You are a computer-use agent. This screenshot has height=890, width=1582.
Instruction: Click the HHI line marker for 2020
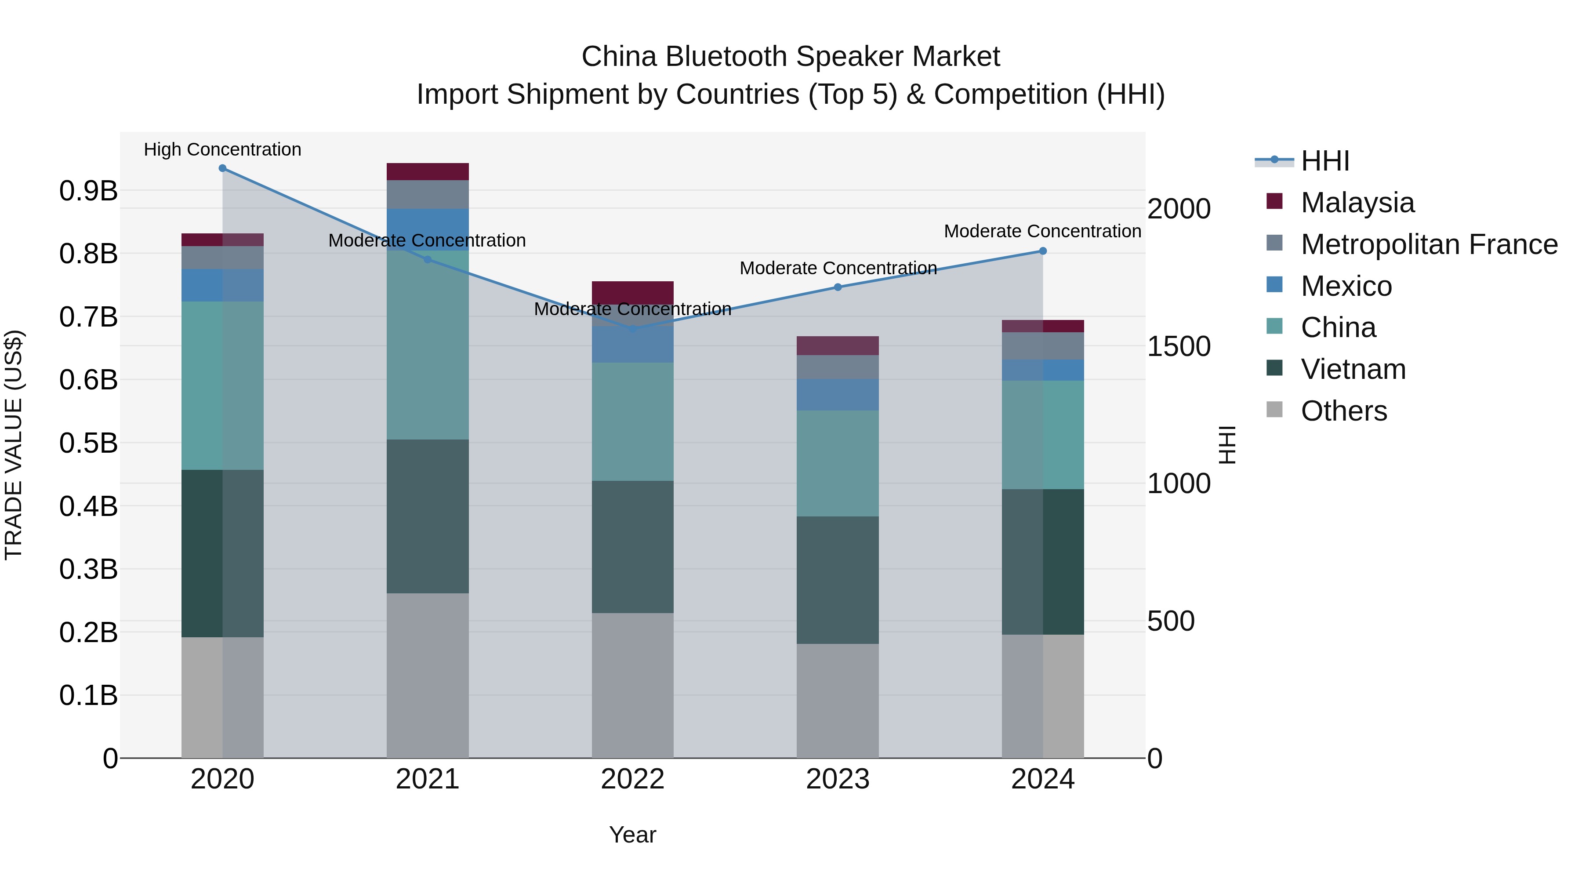[222, 168]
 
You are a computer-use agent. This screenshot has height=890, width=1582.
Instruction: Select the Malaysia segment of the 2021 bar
[428, 171]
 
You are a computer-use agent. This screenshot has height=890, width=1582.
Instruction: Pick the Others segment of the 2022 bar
[632, 685]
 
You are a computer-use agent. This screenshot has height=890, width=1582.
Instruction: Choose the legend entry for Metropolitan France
[1429, 244]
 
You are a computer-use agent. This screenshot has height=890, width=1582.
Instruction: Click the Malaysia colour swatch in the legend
[1275, 201]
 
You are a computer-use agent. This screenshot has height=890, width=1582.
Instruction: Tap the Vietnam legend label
[1353, 369]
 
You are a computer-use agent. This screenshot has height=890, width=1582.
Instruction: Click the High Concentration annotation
[222, 149]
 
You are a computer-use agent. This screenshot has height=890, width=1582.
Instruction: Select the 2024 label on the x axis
[1042, 779]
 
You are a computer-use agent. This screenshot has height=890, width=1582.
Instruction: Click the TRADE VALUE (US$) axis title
[14, 445]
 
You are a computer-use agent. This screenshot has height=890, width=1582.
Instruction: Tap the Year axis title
[632, 835]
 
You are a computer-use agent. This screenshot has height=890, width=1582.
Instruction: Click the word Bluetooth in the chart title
[732, 57]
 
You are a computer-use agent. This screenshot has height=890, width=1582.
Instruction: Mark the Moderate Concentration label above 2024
[1042, 232]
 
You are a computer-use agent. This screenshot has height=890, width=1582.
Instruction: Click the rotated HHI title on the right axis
[1226, 445]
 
